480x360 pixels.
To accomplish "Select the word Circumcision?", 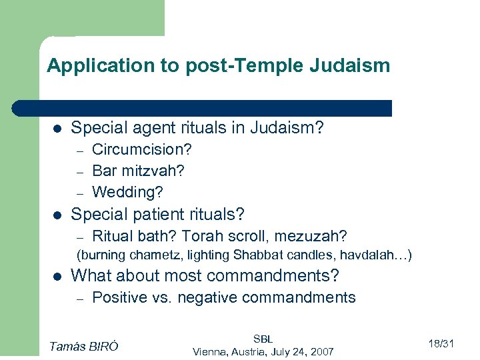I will coord(142,149).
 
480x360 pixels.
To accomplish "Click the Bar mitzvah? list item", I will coord(138,170).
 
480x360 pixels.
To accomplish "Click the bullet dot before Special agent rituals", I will coord(57,128).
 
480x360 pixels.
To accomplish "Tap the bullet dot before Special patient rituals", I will coord(57,215).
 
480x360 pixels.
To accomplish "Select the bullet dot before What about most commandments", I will coord(57,276).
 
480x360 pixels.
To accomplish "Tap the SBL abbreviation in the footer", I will coord(262,339).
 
